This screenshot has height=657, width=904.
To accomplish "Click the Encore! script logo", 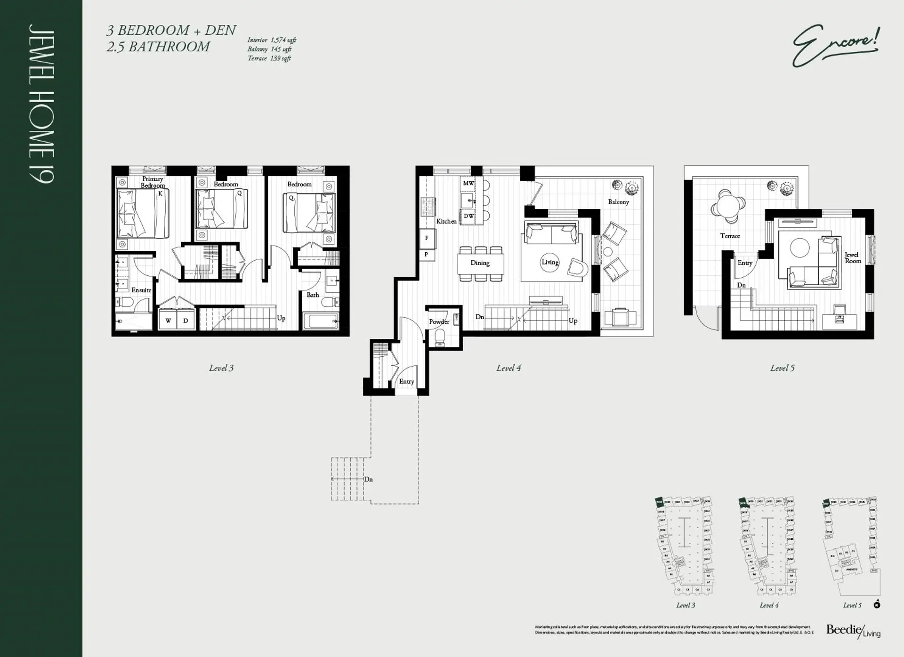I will pyautogui.click(x=835, y=47).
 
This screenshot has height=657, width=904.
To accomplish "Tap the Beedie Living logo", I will pyautogui.click(x=853, y=631).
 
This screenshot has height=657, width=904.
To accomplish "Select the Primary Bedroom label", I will pyautogui.click(x=153, y=182).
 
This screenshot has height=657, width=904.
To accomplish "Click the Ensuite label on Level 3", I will pyautogui.click(x=141, y=290).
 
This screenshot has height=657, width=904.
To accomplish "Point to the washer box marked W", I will pyautogui.click(x=168, y=320).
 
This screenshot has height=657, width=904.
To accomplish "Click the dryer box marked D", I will pyautogui.click(x=186, y=320).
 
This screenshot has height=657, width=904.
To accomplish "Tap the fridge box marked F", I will pyautogui.click(x=427, y=238).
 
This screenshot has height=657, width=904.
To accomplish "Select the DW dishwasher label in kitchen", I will pyautogui.click(x=468, y=216).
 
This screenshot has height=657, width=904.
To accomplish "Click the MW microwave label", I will pyautogui.click(x=468, y=183).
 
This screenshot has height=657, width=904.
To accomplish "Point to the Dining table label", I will pyautogui.click(x=480, y=263).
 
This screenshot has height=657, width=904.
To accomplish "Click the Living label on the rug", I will pyautogui.click(x=549, y=262).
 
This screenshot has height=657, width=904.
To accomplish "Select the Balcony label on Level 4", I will pyautogui.click(x=618, y=202).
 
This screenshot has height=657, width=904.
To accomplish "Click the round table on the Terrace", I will pyautogui.click(x=728, y=206).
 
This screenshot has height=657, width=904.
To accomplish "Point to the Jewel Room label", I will pyautogui.click(x=852, y=258).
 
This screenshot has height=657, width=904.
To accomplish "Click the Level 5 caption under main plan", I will pyautogui.click(x=782, y=368).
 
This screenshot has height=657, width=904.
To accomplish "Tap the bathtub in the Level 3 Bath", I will pyautogui.click(x=321, y=322).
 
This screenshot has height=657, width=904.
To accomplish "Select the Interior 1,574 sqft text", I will pyautogui.click(x=272, y=40).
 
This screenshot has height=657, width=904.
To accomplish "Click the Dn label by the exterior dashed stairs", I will pyautogui.click(x=368, y=479).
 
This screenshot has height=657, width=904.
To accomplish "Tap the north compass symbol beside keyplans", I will pyautogui.click(x=877, y=604).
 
